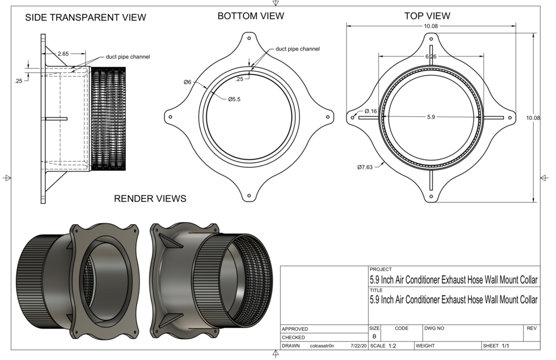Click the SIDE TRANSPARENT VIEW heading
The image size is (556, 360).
(x=86, y=18)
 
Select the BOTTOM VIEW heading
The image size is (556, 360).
(x=250, y=16)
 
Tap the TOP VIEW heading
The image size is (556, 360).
(x=427, y=16)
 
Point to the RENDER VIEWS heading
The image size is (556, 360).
(x=150, y=199)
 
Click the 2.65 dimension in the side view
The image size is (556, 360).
(x=63, y=54)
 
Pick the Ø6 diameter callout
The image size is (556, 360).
(x=187, y=82)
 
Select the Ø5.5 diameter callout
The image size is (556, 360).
(x=234, y=99)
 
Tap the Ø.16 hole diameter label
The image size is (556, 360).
(x=370, y=111)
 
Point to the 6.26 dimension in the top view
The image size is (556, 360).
(x=431, y=56)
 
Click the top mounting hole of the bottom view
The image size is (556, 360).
(x=249, y=39)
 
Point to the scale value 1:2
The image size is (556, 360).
(x=392, y=346)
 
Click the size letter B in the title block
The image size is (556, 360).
(x=374, y=337)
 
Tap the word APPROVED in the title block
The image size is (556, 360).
(x=295, y=329)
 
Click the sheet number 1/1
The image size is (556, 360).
(x=505, y=346)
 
